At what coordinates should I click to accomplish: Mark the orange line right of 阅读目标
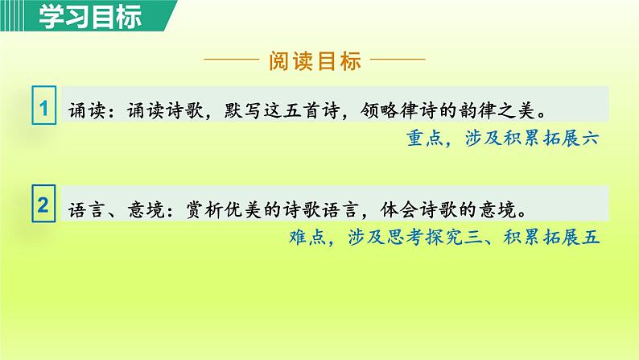pos(399,61)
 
